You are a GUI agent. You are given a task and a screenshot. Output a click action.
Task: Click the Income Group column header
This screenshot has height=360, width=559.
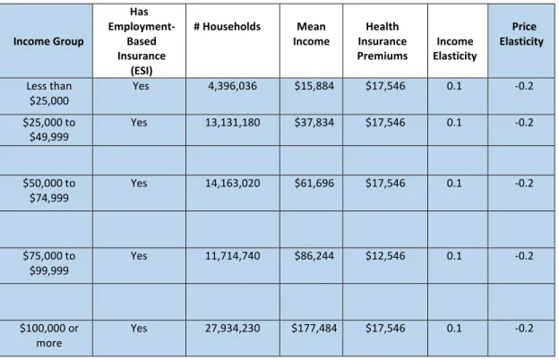point(48,41)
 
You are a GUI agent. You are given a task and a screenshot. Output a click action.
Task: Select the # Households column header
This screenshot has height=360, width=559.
point(228,27)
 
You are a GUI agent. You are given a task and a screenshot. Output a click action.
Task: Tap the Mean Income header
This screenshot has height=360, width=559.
point(311,34)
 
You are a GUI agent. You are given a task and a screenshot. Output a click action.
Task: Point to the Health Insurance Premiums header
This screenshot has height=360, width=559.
point(383,41)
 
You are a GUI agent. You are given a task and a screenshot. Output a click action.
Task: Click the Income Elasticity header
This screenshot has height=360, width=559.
point(455,48)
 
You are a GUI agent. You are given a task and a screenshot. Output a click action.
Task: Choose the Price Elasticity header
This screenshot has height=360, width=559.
point(521,34)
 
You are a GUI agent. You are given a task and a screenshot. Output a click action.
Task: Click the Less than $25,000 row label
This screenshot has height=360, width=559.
point(49,93)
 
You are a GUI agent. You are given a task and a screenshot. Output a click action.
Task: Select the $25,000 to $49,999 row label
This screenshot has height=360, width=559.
point(49,130)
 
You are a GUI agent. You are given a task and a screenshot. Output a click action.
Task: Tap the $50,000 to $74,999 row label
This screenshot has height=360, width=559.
point(49,191)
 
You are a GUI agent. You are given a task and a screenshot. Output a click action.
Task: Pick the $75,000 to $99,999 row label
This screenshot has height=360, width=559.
point(49,263)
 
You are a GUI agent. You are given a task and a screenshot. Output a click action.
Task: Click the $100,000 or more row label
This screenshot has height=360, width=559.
point(49,336)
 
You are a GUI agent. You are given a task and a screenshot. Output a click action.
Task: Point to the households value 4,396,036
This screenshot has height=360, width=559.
point(232,86)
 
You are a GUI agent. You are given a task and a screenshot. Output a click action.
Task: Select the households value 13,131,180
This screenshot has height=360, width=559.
point(232,123)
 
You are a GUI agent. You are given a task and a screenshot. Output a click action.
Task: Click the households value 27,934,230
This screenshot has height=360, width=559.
point(232,329)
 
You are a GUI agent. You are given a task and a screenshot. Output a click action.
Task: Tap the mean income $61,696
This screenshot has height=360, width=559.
point(314,184)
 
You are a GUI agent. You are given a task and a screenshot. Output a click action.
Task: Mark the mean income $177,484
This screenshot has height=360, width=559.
point(314,329)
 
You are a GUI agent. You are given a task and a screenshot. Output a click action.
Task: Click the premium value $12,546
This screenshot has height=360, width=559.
point(385,256)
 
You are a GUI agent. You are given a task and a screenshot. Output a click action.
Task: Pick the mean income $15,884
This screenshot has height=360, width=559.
point(314,86)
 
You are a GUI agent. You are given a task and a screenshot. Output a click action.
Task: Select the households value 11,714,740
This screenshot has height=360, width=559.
point(232,256)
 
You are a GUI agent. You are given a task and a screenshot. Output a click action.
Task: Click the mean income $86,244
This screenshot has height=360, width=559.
point(314,256)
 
